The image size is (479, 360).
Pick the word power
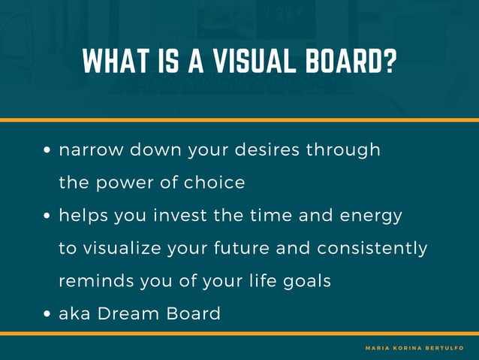(x=123, y=183)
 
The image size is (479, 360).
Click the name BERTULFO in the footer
(x=449, y=348)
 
